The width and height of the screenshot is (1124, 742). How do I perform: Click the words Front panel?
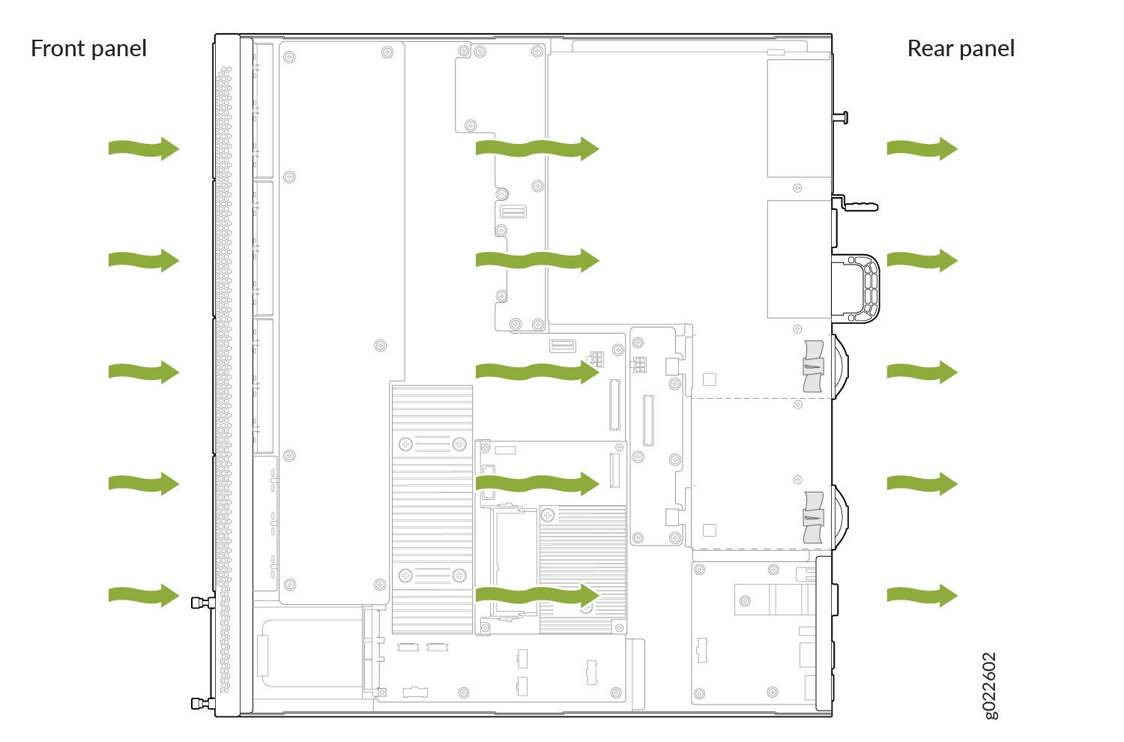(88, 49)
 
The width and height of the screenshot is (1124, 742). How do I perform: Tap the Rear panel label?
(961, 49)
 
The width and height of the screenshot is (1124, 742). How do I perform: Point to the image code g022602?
(989, 686)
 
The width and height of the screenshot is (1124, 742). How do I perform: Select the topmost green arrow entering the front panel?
(144, 148)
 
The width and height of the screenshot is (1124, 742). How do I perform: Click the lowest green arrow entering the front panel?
(144, 595)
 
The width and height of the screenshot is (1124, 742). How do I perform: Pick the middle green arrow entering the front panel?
(144, 372)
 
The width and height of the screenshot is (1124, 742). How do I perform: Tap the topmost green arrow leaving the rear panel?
(922, 148)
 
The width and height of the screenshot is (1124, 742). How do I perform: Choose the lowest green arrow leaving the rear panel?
(922, 595)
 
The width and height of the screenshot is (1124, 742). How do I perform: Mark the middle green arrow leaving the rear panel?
(922, 372)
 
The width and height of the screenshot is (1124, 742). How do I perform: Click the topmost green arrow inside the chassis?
(537, 148)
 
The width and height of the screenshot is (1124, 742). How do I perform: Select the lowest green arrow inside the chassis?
(537, 595)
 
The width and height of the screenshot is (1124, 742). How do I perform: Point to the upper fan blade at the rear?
(813, 367)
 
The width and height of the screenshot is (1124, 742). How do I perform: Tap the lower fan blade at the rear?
(813, 518)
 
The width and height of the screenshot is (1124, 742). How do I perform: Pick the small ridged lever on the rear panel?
(860, 206)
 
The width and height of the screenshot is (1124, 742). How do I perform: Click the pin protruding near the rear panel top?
(841, 118)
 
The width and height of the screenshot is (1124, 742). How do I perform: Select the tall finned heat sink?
(432, 509)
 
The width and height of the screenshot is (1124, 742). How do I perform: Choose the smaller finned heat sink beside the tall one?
(582, 569)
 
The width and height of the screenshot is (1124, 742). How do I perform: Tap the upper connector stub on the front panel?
(203, 602)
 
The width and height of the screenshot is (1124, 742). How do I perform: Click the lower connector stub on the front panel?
(203, 703)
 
